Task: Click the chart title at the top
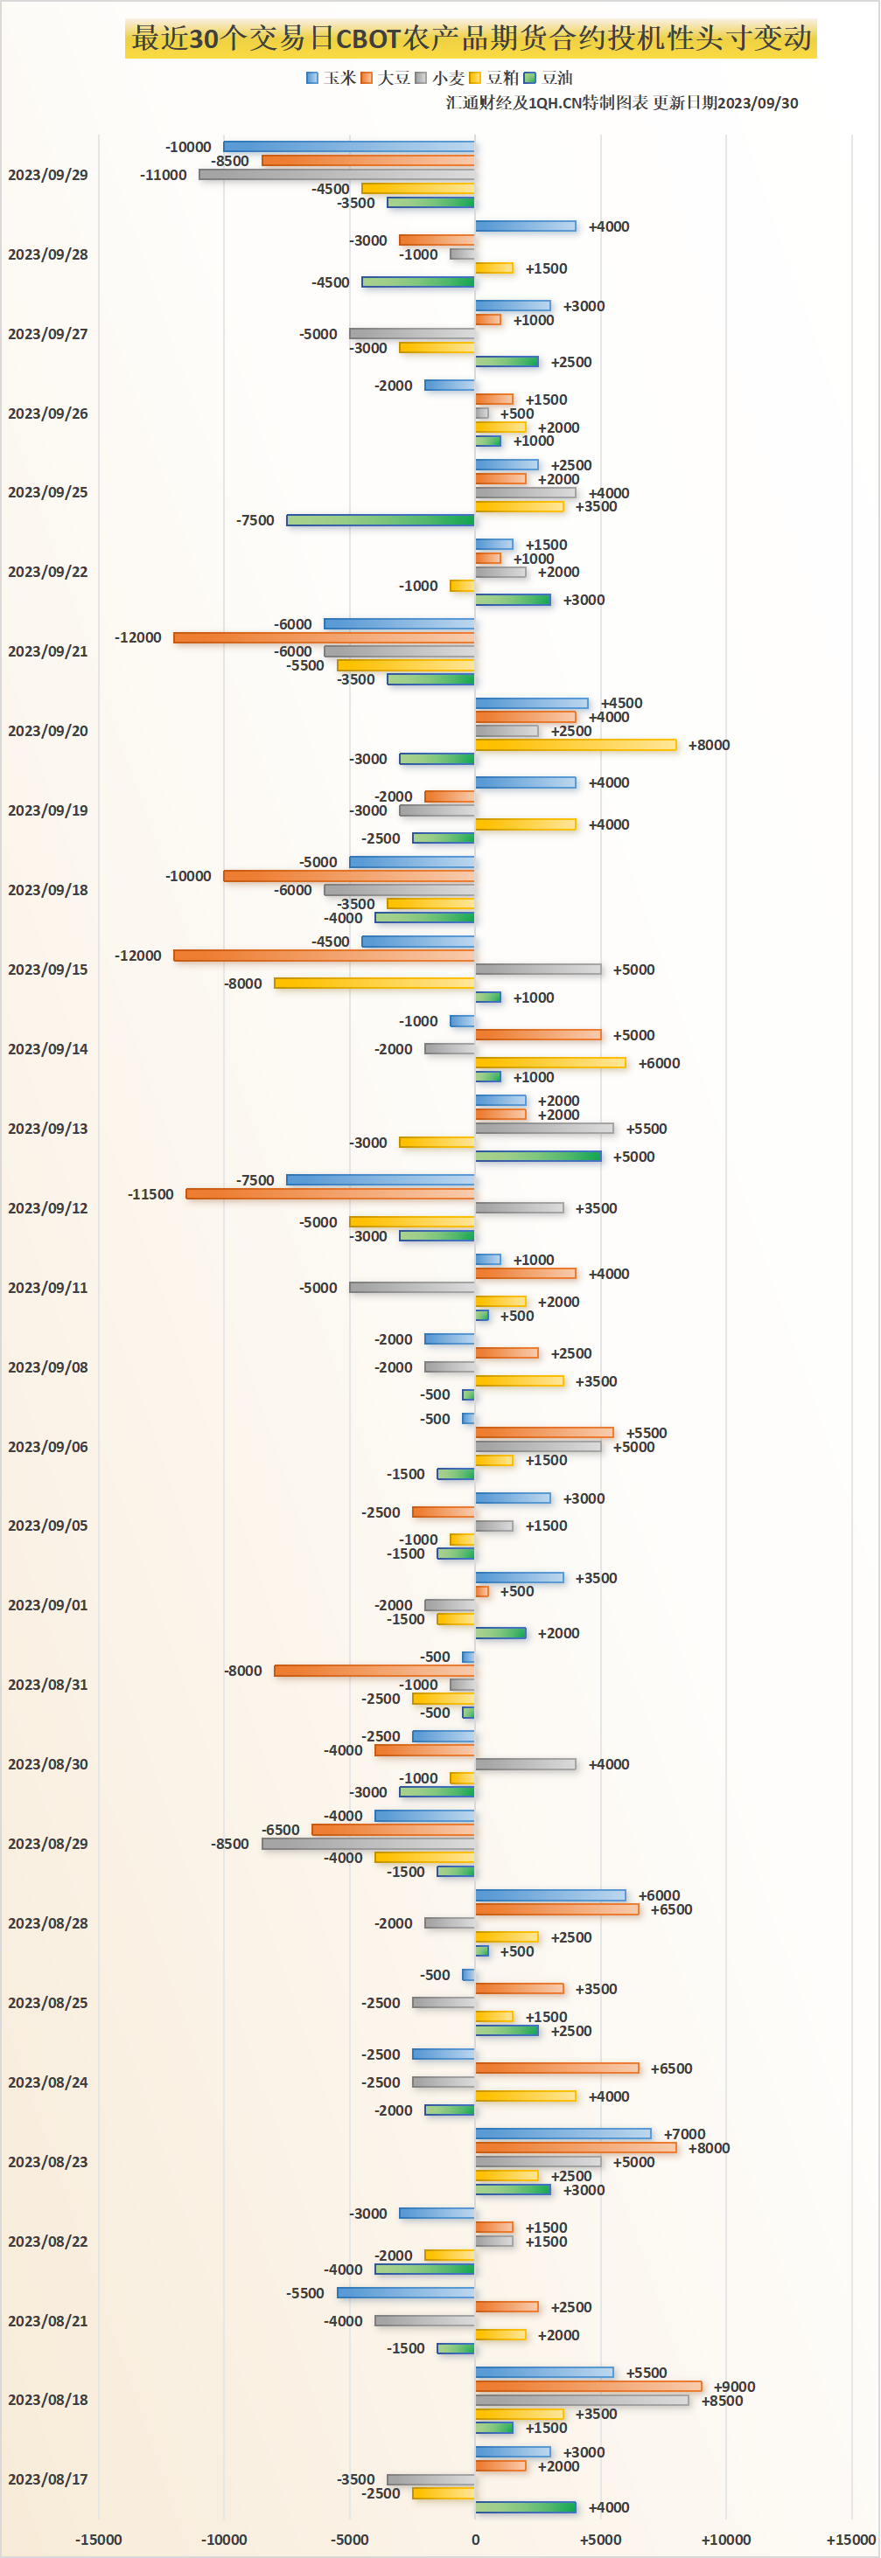tap(471, 38)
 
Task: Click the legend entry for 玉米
tap(332, 78)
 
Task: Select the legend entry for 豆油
tap(549, 78)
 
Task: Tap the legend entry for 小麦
tap(440, 78)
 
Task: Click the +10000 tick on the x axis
tap(726, 2539)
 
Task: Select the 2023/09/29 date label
tap(47, 175)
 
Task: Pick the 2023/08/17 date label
tap(47, 2478)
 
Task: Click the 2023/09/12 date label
tap(47, 1207)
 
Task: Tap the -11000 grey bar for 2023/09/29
tap(337, 175)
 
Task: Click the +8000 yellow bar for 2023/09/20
tap(576, 745)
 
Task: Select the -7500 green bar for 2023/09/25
tap(381, 520)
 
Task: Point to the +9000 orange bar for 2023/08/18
tap(588, 2386)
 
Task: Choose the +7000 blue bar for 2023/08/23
tap(563, 2134)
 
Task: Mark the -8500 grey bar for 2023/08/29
tap(368, 1844)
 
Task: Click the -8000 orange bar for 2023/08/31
tap(374, 1672)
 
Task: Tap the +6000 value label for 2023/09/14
tap(659, 1062)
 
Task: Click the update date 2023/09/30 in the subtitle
tap(757, 103)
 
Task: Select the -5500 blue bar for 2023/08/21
tap(406, 2293)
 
